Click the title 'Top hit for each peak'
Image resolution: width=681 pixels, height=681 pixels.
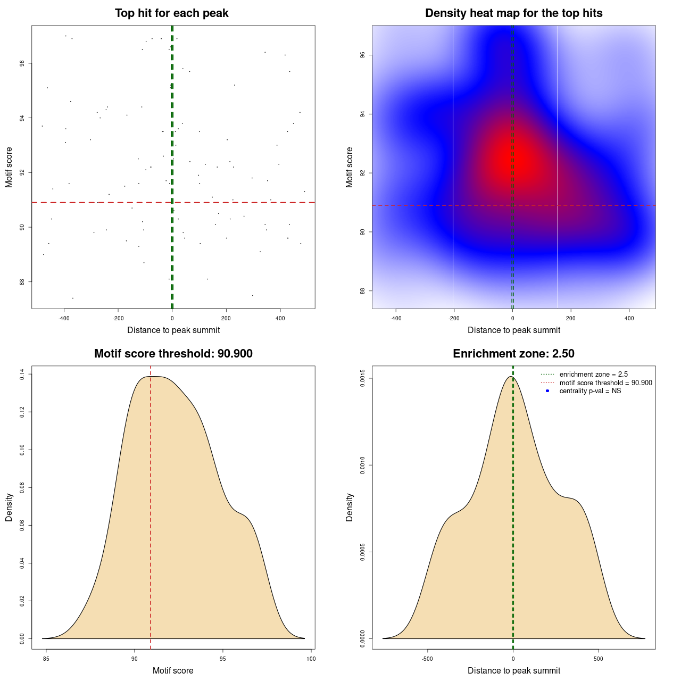(171, 13)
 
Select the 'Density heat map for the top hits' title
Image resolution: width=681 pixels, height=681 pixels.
(513, 13)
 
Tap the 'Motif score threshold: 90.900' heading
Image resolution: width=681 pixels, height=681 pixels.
(173, 354)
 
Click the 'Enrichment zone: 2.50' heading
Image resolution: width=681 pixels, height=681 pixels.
(513, 354)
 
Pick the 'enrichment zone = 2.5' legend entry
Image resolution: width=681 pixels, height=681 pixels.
(593, 375)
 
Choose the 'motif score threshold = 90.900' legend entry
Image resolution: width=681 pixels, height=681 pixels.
(605, 383)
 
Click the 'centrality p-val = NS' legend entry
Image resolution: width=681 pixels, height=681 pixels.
(590, 391)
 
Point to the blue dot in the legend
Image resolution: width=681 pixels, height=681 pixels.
(547, 391)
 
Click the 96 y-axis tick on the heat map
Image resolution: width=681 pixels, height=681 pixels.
(362, 55)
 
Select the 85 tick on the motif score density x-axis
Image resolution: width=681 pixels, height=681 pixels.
(46, 659)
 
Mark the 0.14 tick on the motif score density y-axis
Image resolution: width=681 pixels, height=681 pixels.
(22, 375)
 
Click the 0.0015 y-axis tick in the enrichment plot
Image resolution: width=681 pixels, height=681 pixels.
(362, 378)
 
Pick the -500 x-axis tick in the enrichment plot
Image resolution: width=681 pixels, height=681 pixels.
(427, 659)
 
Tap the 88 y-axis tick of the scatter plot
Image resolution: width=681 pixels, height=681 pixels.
(22, 282)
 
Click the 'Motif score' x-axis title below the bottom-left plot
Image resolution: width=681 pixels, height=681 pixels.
(173, 671)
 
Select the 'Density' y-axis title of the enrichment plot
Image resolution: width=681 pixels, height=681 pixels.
(350, 507)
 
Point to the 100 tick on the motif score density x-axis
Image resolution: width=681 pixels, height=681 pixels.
(311, 659)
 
